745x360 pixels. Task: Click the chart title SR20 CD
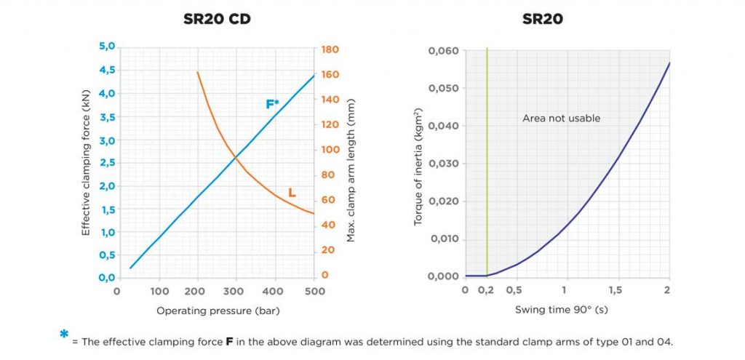click(217, 19)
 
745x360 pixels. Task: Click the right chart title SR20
click(542, 19)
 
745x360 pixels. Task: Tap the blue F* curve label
click(272, 104)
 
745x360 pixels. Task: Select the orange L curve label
click(292, 193)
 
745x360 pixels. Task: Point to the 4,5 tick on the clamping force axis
click(106, 71)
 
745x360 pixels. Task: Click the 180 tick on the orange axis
click(330, 49)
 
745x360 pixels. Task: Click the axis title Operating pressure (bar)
click(218, 311)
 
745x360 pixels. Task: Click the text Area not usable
click(561, 118)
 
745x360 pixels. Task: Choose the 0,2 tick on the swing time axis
click(486, 291)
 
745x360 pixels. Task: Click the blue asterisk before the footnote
click(64, 335)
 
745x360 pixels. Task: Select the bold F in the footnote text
click(229, 340)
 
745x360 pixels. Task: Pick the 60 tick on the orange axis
click(328, 200)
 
